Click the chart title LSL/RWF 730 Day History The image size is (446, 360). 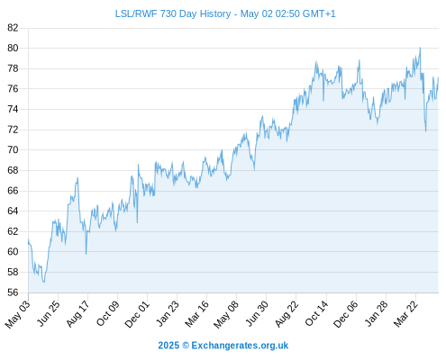point(173,13)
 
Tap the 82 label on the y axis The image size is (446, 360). point(13,28)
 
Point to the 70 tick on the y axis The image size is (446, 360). point(13,149)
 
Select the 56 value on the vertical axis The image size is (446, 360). point(13,292)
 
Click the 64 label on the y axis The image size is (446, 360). point(13,211)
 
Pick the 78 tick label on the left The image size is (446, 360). point(13,68)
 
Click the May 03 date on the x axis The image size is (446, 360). point(18,314)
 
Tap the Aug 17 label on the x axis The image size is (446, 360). point(77,314)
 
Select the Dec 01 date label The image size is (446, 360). point(137,314)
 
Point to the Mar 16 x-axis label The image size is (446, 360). point(196,314)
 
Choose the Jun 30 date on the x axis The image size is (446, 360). point(257,314)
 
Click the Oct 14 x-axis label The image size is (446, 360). point(316,314)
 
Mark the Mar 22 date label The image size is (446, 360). point(405,314)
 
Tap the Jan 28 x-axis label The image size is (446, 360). point(376,314)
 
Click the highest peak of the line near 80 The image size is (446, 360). point(420,48)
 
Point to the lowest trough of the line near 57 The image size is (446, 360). point(44,282)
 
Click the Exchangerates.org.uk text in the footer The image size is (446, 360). point(240,346)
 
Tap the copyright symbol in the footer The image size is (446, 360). point(186,346)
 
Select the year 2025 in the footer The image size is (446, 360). point(168,346)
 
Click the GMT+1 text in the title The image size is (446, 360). point(319,13)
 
